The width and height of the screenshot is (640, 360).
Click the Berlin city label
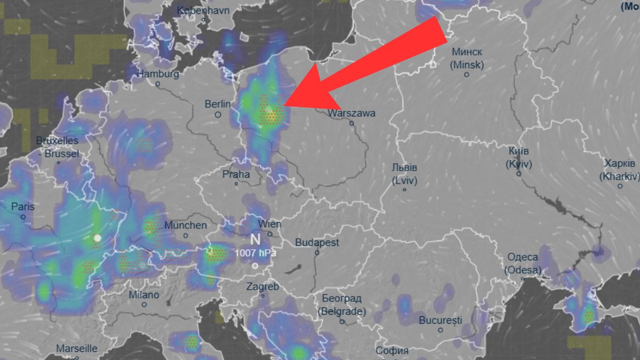pos(218,104)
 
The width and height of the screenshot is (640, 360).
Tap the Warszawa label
pos(351,113)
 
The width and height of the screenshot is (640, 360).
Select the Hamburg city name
pos(158,74)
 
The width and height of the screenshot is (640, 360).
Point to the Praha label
pos(236,174)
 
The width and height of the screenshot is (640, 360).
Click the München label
pos(186,226)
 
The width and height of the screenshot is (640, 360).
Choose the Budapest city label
pos(317,243)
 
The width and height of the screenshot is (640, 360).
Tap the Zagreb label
pos(262,286)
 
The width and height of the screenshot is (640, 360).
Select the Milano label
pos(144,295)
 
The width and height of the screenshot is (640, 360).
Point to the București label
pos(441,321)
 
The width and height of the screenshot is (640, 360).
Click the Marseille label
pos(77,349)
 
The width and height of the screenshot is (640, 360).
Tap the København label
pos(203,10)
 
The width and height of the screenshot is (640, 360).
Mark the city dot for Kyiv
pos(518,173)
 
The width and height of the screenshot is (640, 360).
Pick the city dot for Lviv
pos(404,189)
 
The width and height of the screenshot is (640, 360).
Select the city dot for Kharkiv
pos(620,186)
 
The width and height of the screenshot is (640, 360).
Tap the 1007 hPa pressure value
pos(255,253)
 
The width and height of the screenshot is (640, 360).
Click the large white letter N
pos(255,239)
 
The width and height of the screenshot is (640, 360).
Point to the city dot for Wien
pos(270,234)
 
